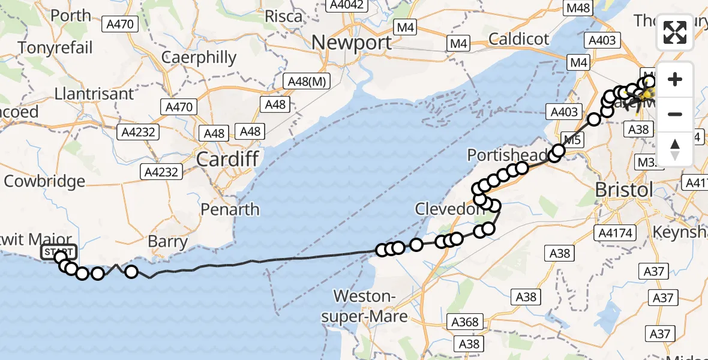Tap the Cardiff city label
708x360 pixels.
coord(228,160)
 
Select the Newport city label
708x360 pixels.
coord(352,43)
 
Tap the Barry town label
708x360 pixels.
coord(169,241)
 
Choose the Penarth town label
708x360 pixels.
coord(230,209)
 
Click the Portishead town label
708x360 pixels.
coord(508,155)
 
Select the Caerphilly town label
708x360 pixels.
coord(199,58)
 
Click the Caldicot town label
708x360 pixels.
coord(519,40)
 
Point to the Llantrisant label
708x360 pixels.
coord(94,94)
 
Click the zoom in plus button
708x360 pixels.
coord(675,79)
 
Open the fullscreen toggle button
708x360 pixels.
coord(675,32)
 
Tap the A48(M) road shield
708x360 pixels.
coord(307,82)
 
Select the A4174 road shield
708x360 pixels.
coord(616,233)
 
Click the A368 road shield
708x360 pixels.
coord(464,322)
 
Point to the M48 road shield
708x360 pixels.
coord(578,8)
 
